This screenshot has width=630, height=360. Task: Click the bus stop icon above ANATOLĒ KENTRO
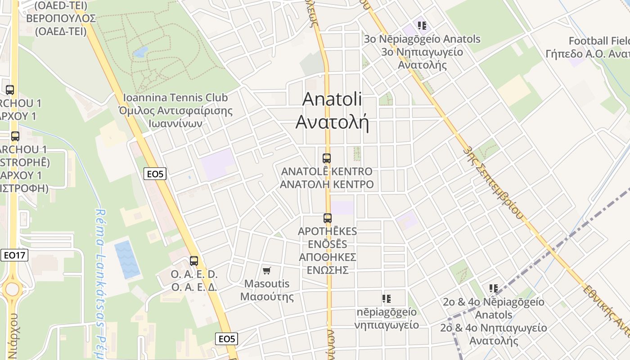(x=327, y=158)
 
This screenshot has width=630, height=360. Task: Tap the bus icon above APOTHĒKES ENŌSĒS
(x=328, y=218)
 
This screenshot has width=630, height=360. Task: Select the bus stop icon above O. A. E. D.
(x=194, y=261)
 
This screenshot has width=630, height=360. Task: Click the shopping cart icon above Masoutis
(x=267, y=270)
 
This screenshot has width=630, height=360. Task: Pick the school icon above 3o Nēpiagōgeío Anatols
(x=422, y=26)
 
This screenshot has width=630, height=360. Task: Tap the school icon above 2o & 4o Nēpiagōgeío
(x=494, y=288)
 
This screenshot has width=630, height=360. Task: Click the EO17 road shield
(x=14, y=255)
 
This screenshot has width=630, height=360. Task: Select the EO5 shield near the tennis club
(x=155, y=174)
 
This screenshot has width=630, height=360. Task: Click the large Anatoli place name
(x=332, y=99)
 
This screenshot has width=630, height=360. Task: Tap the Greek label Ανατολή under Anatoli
(x=332, y=122)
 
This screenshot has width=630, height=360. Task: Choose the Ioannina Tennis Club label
(x=175, y=98)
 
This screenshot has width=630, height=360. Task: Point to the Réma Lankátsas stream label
(x=101, y=279)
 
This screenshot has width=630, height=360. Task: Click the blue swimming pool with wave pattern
(x=127, y=259)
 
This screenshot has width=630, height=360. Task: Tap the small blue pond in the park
(x=141, y=52)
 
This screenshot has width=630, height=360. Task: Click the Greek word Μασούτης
(x=267, y=297)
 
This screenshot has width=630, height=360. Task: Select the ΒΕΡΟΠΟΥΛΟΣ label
(x=61, y=18)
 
